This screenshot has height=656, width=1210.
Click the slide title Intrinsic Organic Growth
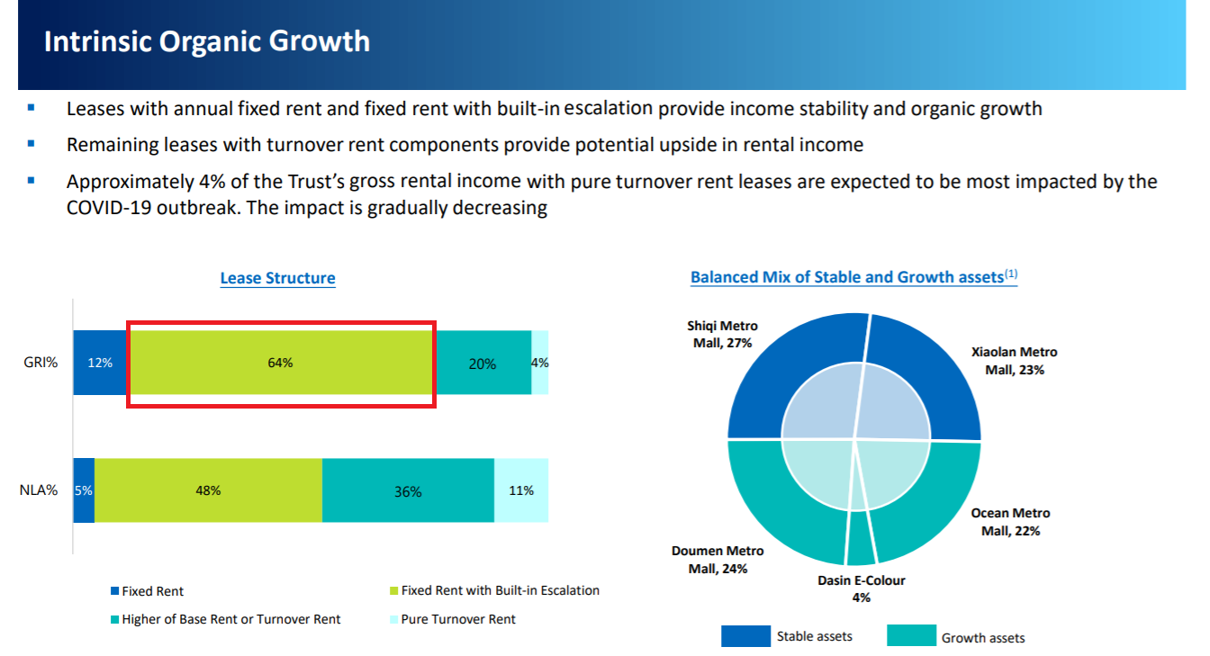[207, 41]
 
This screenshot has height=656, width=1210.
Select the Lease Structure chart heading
[277, 277]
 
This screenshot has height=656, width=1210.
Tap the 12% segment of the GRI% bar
[101, 363]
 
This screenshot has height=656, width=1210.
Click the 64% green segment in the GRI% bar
[281, 363]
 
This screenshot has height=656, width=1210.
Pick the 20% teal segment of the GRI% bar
[483, 363]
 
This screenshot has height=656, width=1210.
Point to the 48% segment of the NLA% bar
[209, 490]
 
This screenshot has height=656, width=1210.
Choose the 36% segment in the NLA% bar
[409, 490]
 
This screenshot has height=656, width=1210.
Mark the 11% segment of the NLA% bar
[521, 490]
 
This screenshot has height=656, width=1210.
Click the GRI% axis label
[41, 363]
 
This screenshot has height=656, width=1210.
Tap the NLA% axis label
[39, 490]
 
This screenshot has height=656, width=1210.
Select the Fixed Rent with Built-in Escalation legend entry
[495, 590]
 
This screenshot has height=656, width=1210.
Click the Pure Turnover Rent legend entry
[453, 619]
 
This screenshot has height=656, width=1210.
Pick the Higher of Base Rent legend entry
[226, 619]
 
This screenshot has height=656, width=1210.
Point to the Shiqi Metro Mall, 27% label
[722, 334]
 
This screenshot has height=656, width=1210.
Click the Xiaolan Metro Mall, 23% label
[1015, 361]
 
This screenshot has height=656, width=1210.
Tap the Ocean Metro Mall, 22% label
[1011, 522]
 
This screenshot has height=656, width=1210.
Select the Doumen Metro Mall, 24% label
[718, 560]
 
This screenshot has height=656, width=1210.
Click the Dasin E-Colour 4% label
[861, 589]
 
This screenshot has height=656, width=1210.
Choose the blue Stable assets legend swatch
[745, 636]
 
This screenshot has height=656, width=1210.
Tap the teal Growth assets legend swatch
[911, 635]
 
